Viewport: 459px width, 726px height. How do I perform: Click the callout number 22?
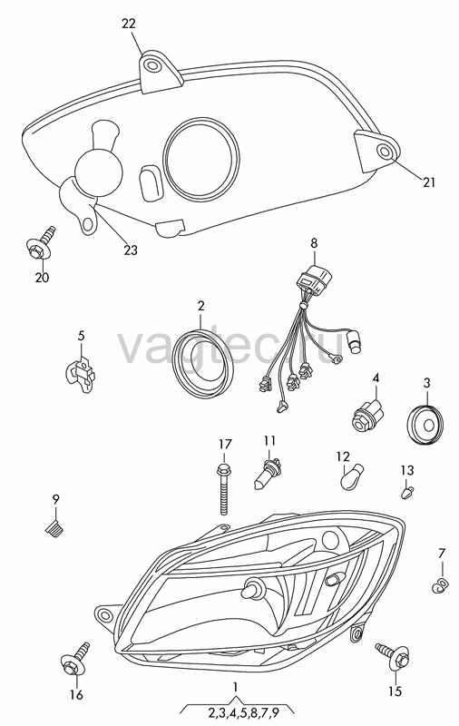(129, 24)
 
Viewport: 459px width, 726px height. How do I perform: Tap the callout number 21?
(429, 182)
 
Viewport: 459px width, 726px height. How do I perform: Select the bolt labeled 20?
(39, 244)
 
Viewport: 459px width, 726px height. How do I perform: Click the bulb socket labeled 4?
(368, 416)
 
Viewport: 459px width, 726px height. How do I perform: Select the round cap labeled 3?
(425, 424)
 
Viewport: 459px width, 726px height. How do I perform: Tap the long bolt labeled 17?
(223, 488)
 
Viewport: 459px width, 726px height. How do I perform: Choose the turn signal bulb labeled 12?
(352, 478)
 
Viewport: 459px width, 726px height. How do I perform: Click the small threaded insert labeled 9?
(55, 528)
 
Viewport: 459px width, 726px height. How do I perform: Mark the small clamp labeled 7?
(441, 585)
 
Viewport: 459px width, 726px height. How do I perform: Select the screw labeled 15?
(394, 655)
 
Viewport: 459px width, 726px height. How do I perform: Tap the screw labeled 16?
(74, 661)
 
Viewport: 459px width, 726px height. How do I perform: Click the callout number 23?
(131, 250)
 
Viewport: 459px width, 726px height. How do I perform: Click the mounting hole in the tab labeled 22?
(151, 65)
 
